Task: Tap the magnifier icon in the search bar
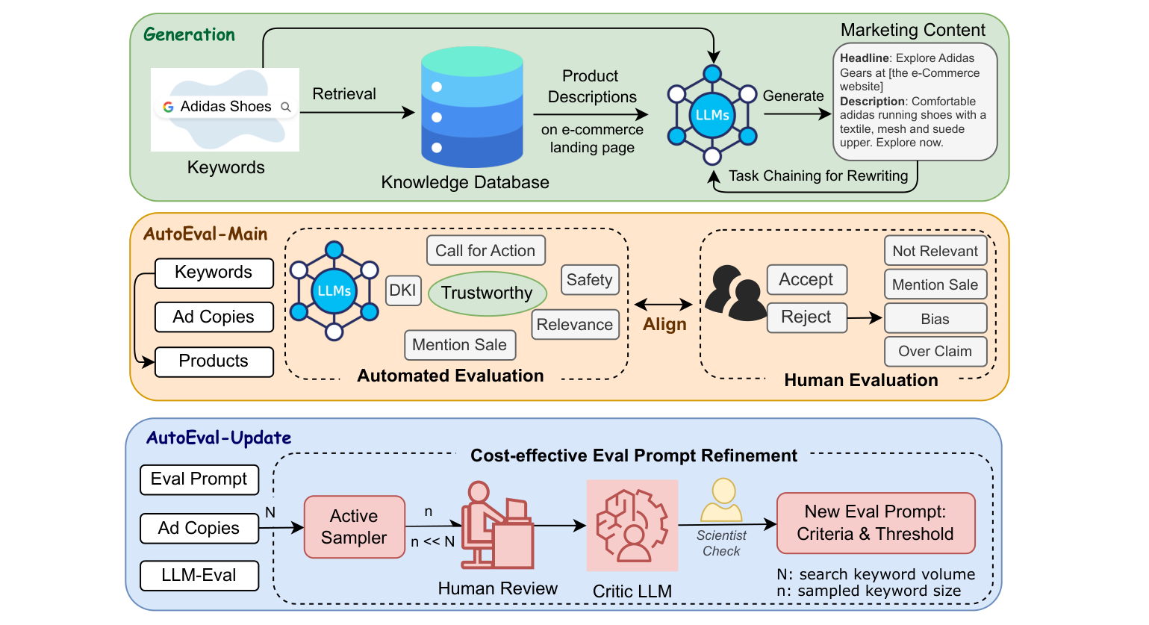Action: [285, 107]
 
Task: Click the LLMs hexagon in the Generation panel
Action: [712, 115]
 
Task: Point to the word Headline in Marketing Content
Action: [864, 58]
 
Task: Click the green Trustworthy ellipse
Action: [487, 293]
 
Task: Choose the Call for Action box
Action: [485, 251]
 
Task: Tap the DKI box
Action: [403, 290]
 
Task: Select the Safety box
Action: [589, 280]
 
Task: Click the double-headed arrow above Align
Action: [664, 304]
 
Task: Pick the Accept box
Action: [806, 279]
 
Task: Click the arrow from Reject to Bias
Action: [865, 318]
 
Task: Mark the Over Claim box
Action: [935, 351]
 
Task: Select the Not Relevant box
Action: [935, 251]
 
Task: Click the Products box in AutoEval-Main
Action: [214, 361]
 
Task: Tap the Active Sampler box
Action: [355, 526]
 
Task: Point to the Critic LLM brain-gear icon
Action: [632, 525]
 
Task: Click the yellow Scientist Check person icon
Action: [721, 500]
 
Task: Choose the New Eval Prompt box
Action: [875, 523]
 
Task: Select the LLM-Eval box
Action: [199, 575]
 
